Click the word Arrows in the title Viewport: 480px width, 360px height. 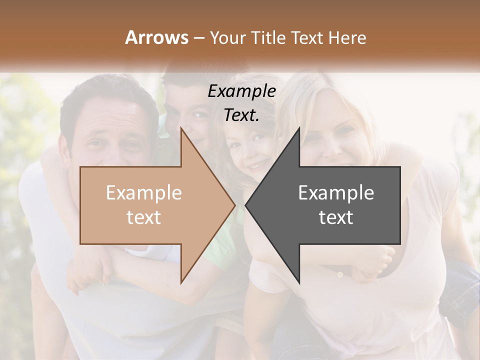tap(157, 37)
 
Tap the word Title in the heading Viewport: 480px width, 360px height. tap(268, 37)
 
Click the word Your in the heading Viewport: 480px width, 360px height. tap(227, 38)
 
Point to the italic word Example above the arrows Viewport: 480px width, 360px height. tap(242, 91)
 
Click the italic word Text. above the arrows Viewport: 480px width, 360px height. tap(242, 115)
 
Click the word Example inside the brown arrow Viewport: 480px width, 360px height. tap(144, 193)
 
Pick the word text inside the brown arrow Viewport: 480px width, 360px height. tap(144, 217)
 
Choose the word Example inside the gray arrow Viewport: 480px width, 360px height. tap(336, 193)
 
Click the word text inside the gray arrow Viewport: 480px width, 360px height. tap(336, 217)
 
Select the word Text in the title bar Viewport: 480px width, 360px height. tap(306, 37)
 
